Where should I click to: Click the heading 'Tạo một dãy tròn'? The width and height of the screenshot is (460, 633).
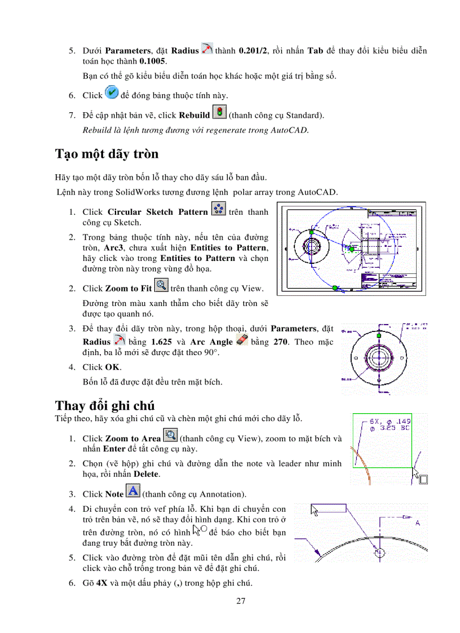(x=107, y=154)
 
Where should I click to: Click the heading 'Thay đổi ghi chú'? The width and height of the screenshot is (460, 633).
(x=105, y=405)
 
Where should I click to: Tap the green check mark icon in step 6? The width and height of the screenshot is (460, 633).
(x=112, y=94)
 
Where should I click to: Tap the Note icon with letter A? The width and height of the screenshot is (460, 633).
(x=132, y=493)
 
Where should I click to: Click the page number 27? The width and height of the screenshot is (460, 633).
(x=241, y=601)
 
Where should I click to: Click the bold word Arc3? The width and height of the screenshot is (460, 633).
(x=113, y=248)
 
